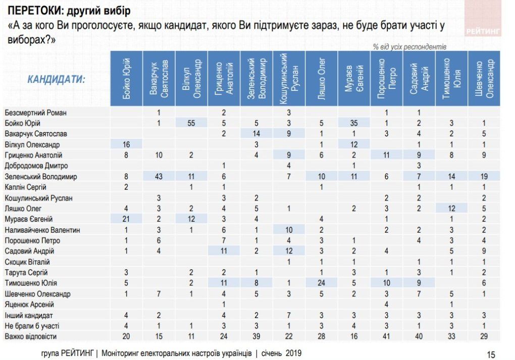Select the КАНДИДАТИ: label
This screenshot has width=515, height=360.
coord(56,79)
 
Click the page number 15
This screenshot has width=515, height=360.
coord(491,354)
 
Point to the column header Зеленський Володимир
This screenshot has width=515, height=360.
coord(256,78)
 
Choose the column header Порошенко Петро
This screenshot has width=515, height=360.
coord(386,78)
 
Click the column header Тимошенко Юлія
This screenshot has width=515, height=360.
coord(451,78)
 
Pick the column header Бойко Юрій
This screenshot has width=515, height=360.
coord(127,78)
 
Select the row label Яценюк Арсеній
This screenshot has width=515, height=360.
coord(29,304)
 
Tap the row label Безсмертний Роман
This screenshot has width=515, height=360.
coord(35,113)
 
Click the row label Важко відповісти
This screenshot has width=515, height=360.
coord(31,336)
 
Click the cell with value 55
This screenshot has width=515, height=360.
coord(191,123)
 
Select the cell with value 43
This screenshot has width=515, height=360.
coord(159,177)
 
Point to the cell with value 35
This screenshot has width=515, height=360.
coord(353,123)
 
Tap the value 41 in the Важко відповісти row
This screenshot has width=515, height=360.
coord(386,336)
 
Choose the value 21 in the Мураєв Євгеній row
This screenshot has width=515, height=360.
coord(127,219)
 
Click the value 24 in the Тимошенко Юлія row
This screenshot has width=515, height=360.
coord(321,283)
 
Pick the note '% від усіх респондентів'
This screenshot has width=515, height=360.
coord(409,46)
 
